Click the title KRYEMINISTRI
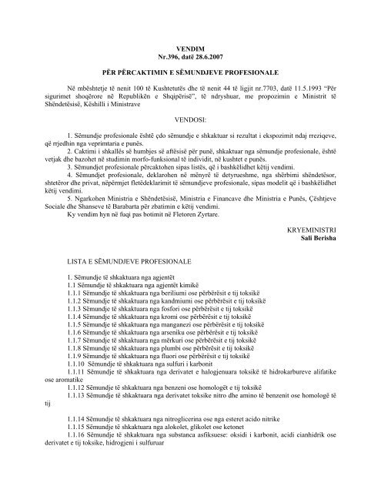(x=329, y=276)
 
